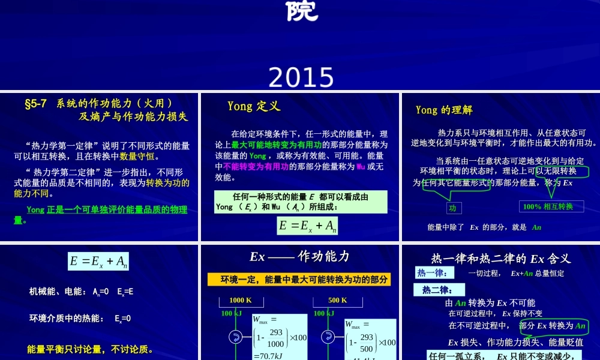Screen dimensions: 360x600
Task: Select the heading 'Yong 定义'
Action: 254,106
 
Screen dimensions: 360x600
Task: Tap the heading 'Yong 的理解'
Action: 444,110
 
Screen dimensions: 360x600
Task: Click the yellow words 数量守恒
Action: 137,157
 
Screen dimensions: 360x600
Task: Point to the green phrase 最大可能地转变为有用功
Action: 277,145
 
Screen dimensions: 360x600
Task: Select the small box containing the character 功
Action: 452,208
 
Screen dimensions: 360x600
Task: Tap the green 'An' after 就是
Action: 536,227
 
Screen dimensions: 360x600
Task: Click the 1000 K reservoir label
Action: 240,301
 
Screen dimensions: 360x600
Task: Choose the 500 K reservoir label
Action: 338,301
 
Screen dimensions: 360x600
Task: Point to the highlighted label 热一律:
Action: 432,273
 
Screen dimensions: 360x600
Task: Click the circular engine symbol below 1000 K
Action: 235,338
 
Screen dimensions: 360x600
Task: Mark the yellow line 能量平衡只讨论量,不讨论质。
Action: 89,349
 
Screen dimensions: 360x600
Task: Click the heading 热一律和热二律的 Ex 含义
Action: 500,259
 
